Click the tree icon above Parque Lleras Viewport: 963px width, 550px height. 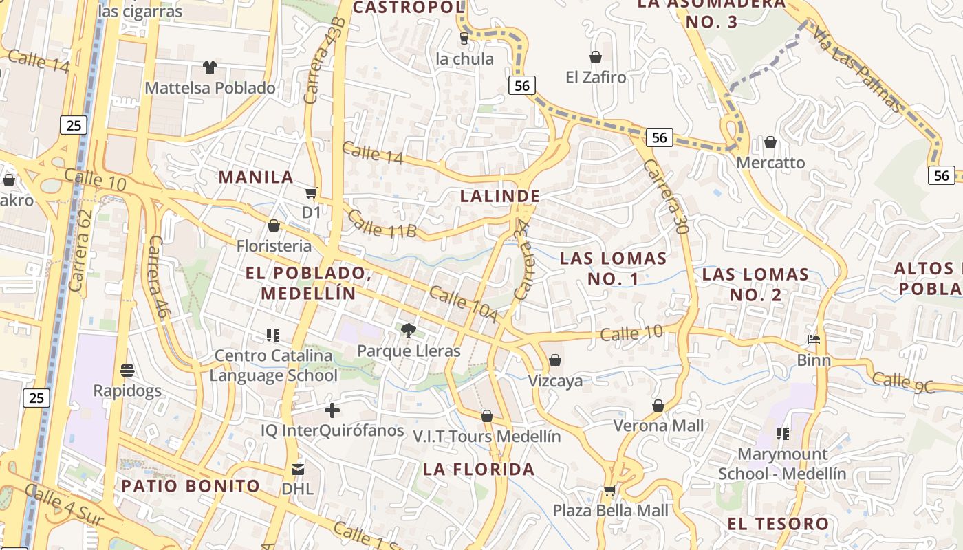point(409,331)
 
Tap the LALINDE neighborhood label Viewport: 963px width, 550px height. point(500,196)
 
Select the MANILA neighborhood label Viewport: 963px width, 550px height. point(257,177)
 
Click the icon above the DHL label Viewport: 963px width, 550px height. point(298,470)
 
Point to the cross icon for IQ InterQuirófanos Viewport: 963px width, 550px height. point(332,410)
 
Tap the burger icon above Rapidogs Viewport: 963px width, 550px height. point(127,371)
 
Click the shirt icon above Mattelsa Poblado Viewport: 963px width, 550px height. point(210,67)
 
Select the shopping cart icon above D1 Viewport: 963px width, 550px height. point(312,193)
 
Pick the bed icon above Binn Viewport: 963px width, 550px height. point(814,340)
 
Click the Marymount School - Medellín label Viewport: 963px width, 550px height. point(782,464)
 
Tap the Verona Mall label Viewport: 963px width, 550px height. point(658,426)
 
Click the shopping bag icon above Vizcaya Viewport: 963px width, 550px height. point(555,360)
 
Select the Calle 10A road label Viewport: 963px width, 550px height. point(462,305)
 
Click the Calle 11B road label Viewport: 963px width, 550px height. point(382,223)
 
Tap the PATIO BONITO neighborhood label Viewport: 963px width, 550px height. point(191,486)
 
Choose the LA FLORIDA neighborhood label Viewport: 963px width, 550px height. point(479,470)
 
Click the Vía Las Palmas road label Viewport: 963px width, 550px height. point(857,69)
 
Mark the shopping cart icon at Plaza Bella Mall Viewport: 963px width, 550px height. point(609,490)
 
